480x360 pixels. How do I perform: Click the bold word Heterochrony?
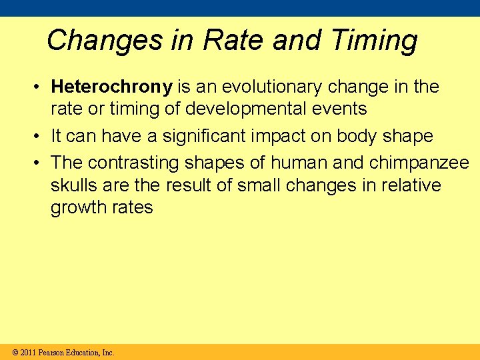coord(112,87)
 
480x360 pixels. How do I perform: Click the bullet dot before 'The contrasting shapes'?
coord(41,163)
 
